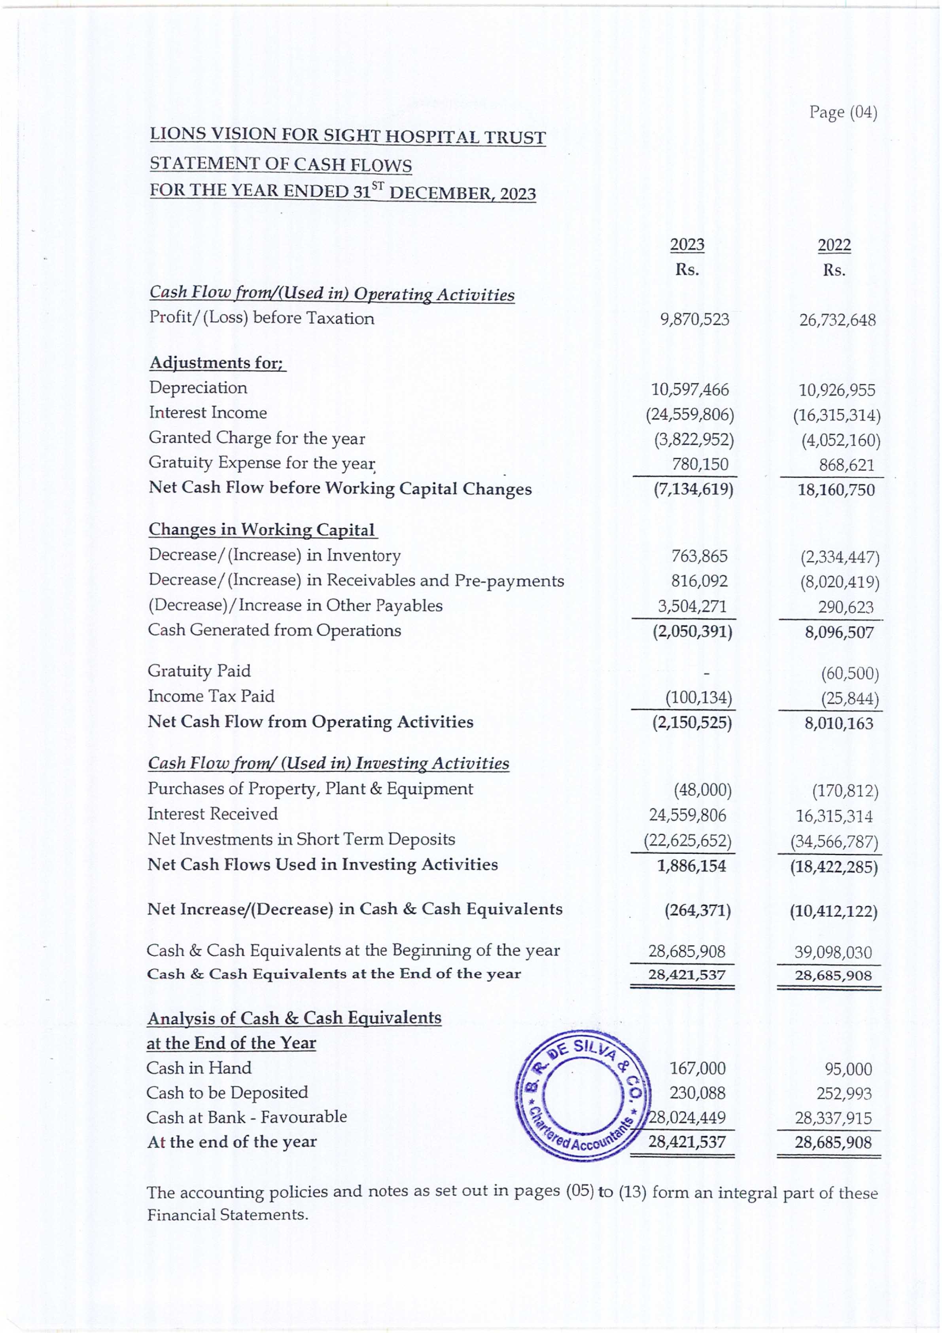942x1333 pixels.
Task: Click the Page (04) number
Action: [843, 112]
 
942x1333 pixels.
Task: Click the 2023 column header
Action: [687, 245]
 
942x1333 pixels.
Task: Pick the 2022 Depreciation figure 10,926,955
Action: [837, 390]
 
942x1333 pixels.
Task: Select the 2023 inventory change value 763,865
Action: [700, 556]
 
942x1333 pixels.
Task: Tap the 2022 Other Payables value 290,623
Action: [846, 607]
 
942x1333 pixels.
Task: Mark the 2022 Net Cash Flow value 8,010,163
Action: [839, 723]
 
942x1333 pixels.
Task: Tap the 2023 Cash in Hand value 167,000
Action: [698, 1068]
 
